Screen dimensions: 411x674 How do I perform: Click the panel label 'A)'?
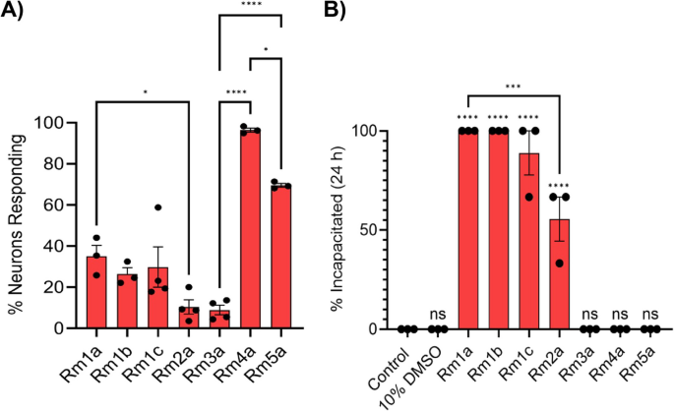coord(17,13)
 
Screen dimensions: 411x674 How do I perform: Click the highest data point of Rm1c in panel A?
coord(157,207)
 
